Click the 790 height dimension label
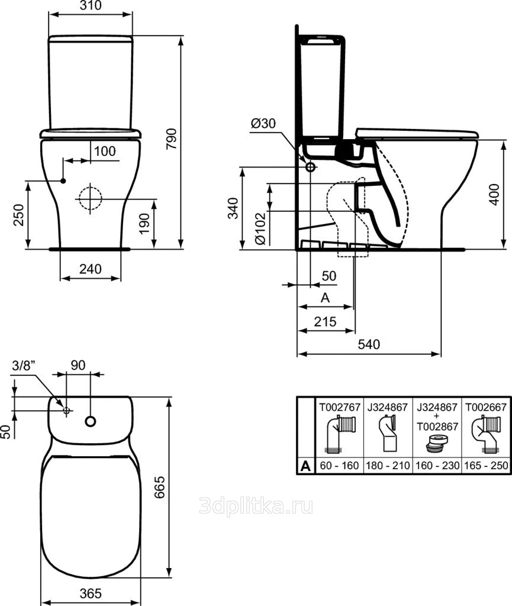171,138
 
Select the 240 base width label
91,269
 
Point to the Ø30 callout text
263,123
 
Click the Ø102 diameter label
261,228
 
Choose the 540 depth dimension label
369,344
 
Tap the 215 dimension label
326,321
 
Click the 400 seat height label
494,194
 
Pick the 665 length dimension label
160,487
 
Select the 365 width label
91,594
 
